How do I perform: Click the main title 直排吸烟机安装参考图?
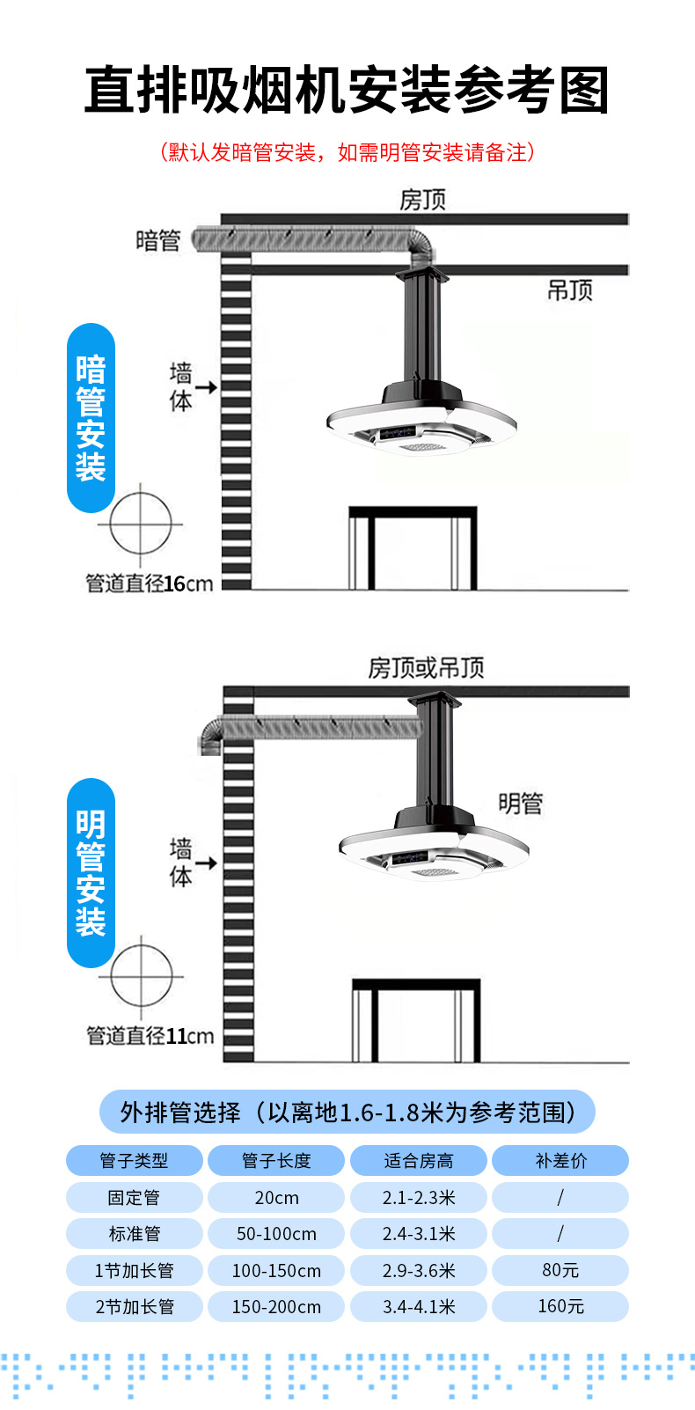click(347, 90)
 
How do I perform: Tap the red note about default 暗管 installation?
click(347, 151)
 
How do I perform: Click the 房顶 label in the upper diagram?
click(422, 200)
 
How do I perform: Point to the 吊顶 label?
click(570, 290)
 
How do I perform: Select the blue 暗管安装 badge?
click(91, 418)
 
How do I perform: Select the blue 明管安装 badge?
click(91, 873)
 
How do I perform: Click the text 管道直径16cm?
click(150, 584)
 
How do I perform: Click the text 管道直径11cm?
click(150, 1035)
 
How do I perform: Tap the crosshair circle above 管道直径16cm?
click(140, 524)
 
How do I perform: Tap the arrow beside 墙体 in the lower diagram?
click(206, 863)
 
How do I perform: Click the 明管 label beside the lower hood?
click(520, 804)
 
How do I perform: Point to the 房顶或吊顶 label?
click(426, 668)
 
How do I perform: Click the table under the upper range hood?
click(413, 547)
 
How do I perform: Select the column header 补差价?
click(560, 1160)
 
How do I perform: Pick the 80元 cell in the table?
click(560, 1270)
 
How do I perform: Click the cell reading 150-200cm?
click(276, 1306)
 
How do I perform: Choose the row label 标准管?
click(135, 1233)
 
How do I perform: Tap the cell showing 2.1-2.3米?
click(418, 1197)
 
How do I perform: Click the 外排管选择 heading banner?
click(347, 1112)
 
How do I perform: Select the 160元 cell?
click(560, 1306)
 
